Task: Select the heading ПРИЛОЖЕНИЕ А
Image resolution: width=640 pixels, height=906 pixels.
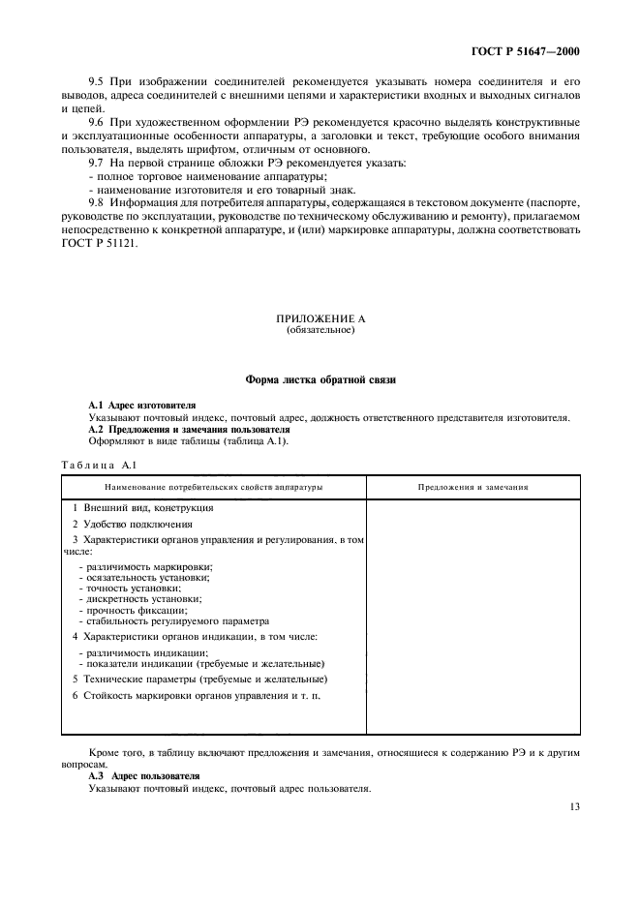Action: (320, 318)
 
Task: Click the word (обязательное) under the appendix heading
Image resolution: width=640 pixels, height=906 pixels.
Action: (320, 330)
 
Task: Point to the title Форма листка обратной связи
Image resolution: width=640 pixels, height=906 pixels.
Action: (320, 379)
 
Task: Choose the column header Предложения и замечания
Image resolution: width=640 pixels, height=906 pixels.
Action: (472, 487)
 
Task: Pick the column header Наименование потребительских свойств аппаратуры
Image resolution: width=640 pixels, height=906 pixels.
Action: (214, 487)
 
